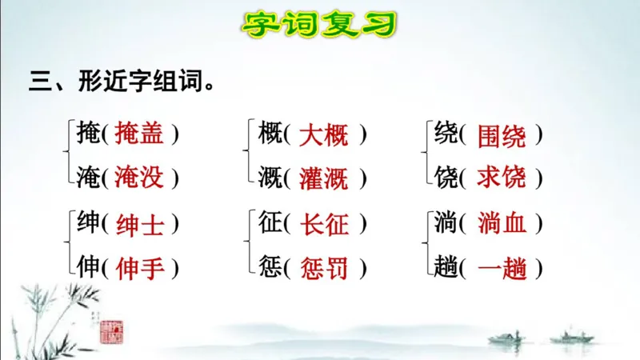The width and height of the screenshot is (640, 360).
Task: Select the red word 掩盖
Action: (x=139, y=134)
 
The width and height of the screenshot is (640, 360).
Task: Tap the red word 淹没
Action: (x=139, y=177)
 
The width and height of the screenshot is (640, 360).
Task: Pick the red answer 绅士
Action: (x=139, y=225)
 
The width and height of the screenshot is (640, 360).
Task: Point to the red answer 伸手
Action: (x=139, y=268)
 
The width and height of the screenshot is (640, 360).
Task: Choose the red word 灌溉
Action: (x=324, y=178)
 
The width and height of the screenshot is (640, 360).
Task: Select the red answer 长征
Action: (x=324, y=225)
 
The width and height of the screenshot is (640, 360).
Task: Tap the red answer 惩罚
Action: (x=324, y=268)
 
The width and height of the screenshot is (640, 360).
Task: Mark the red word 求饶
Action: (x=502, y=178)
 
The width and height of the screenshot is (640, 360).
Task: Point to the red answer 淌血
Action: (x=502, y=225)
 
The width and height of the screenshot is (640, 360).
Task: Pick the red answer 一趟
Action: (x=502, y=268)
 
